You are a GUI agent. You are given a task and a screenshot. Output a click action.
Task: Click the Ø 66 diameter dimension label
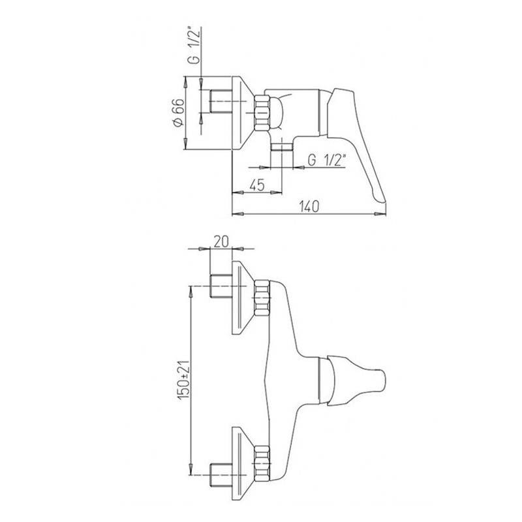pos(178,112)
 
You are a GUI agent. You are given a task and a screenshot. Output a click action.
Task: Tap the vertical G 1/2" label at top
pos(196,45)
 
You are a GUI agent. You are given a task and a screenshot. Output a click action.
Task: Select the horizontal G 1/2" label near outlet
pos(328,161)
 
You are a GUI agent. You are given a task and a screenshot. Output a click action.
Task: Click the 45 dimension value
pos(256,185)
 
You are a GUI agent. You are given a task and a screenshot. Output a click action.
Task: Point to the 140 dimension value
pos(309,206)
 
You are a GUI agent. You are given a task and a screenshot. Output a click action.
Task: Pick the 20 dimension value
pos(221,241)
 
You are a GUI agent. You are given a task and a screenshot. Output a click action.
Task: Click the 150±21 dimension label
pos(184,380)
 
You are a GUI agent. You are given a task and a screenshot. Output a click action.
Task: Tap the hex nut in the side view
pos(262,113)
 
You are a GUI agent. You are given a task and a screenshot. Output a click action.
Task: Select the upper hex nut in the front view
pos(262,298)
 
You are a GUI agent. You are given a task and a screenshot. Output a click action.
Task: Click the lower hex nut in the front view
pos(262,463)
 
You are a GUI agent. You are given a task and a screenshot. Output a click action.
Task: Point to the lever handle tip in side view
pos(382,200)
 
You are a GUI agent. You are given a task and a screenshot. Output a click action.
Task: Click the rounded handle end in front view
pos(381,380)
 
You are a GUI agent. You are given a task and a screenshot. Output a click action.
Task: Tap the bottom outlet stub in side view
pos(281,147)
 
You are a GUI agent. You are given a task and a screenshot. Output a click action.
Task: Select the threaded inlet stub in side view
pos(221,101)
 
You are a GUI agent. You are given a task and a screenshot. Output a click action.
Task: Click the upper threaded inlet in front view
pos(221,286)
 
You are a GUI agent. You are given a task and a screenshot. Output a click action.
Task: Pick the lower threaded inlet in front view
pos(221,475)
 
